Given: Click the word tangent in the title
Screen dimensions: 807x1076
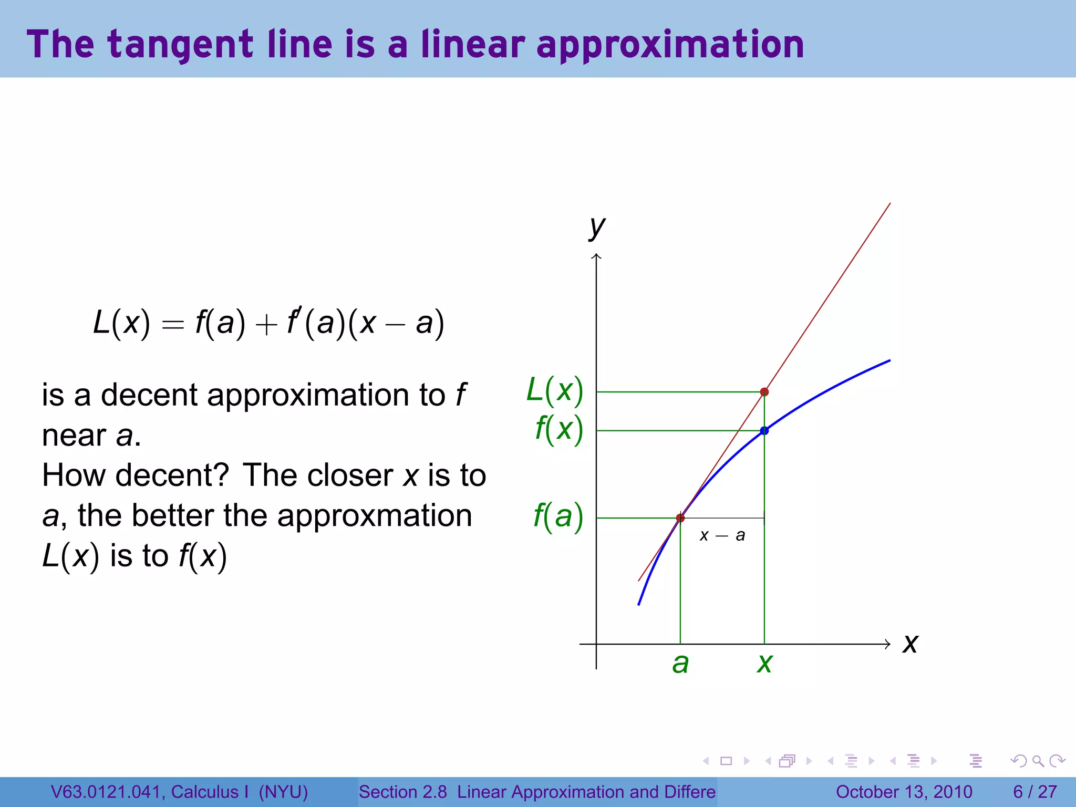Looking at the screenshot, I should pos(181,45).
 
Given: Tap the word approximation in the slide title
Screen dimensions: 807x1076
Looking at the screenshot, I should pos(670,45).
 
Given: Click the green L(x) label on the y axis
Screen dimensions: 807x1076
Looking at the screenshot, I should pos(555,391).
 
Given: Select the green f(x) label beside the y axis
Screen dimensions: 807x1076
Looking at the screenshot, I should pos(559,429).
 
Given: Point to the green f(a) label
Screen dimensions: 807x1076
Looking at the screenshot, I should pos(558,516).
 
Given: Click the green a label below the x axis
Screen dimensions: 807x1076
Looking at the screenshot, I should pos(680,664).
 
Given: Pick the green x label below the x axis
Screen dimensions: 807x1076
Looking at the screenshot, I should pos(764,664).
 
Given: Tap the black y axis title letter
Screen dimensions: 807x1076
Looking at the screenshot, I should pos(597,227).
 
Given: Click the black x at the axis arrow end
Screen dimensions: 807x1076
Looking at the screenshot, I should pos(910,644).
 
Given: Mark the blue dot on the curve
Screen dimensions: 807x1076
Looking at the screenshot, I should pos(764,431).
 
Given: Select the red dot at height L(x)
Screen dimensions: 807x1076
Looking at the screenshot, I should pos(764,392).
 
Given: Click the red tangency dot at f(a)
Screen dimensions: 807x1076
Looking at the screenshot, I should pos(680,518).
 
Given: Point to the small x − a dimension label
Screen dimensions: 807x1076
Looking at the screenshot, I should pos(722,535).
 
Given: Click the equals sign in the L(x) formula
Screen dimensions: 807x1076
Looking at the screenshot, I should pos(173,325).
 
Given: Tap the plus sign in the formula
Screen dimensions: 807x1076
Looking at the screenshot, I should pos(266,325).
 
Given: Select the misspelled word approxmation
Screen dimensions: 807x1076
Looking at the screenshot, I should pos(374,515).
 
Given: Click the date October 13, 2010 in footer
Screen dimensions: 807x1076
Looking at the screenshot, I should pos(904,792).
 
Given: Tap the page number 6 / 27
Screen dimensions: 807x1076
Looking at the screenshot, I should pos(1034,792).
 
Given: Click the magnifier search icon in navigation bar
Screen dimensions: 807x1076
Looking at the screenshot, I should pos(1038,761).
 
